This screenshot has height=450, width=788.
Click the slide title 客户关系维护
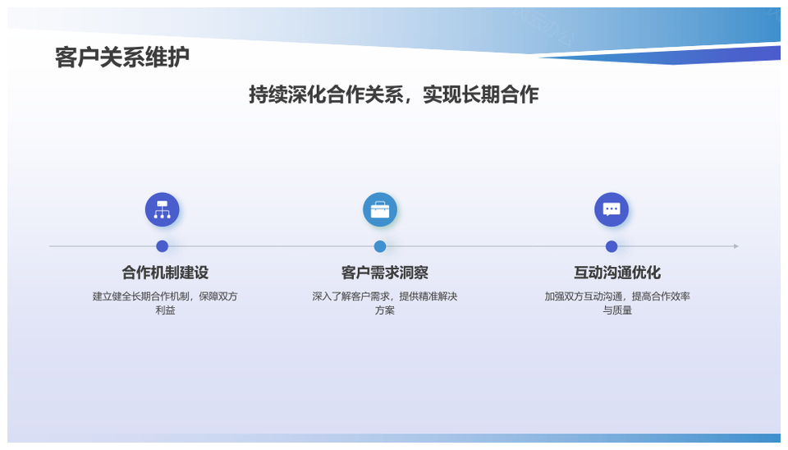(x=122, y=57)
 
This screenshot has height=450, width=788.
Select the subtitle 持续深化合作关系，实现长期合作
(x=393, y=94)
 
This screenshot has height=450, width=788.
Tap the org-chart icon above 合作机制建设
(x=163, y=209)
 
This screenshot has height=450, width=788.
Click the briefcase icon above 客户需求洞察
(x=380, y=209)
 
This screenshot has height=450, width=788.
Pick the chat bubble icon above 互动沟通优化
(x=612, y=209)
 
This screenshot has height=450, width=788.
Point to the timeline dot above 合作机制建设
(x=163, y=246)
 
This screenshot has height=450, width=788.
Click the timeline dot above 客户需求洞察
(x=380, y=246)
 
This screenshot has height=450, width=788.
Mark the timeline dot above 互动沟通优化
(x=612, y=246)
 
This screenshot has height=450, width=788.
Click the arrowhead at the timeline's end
(x=736, y=246)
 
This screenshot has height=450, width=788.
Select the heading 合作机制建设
(x=165, y=273)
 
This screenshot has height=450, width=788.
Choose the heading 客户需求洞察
(x=384, y=273)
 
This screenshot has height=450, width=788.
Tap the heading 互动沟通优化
(x=617, y=273)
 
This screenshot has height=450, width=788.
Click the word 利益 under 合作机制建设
(x=165, y=310)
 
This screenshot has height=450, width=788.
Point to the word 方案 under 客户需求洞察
(x=384, y=310)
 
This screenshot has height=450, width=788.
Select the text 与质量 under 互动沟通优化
(x=617, y=310)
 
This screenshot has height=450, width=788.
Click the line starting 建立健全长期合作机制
(x=165, y=296)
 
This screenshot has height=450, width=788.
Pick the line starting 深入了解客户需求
(x=384, y=296)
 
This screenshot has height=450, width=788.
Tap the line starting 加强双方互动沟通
(x=617, y=296)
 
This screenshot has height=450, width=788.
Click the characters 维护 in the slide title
(x=167, y=57)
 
